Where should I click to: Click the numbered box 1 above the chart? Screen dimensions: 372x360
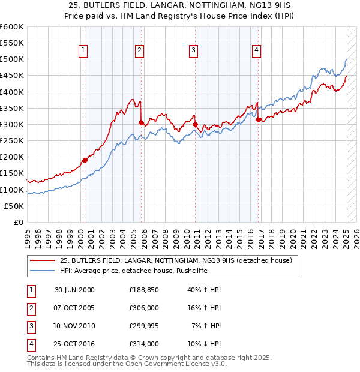click(x=83, y=50)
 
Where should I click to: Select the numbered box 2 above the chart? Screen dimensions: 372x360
click(x=139, y=50)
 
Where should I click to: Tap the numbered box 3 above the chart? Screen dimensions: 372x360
click(x=194, y=50)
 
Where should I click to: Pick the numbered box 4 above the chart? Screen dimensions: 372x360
click(x=256, y=50)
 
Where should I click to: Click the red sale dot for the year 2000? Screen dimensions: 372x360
click(x=85, y=160)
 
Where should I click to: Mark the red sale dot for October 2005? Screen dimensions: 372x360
click(x=141, y=122)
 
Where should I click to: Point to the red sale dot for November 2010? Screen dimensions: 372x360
click(x=196, y=124)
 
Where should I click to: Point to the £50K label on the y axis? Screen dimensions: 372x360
click(x=14, y=206)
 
